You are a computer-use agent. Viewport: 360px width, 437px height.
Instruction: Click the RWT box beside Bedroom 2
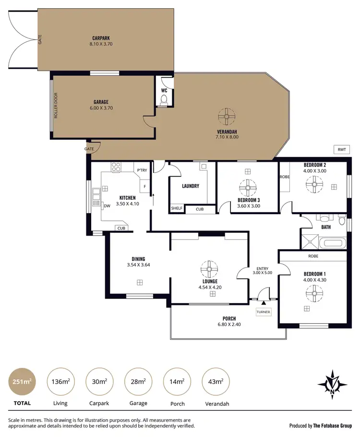[341, 150]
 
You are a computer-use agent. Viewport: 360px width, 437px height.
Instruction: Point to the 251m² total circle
[21, 382]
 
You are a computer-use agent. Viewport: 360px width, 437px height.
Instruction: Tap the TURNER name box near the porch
[264, 312]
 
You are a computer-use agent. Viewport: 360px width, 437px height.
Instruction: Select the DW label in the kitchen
[107, 206]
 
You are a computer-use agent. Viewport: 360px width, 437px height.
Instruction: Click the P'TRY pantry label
[142, 170]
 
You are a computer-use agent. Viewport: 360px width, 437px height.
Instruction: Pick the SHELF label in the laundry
[176, 209]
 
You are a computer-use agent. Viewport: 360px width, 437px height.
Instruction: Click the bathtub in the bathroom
[331, 243]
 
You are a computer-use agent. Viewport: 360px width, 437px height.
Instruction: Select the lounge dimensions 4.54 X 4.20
[210, 288]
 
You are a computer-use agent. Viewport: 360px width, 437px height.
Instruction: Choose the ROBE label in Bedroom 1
[314, 256]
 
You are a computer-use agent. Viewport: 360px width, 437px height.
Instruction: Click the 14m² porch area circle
[177, 382]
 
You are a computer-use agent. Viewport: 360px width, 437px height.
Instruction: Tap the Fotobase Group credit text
[321, 425]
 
